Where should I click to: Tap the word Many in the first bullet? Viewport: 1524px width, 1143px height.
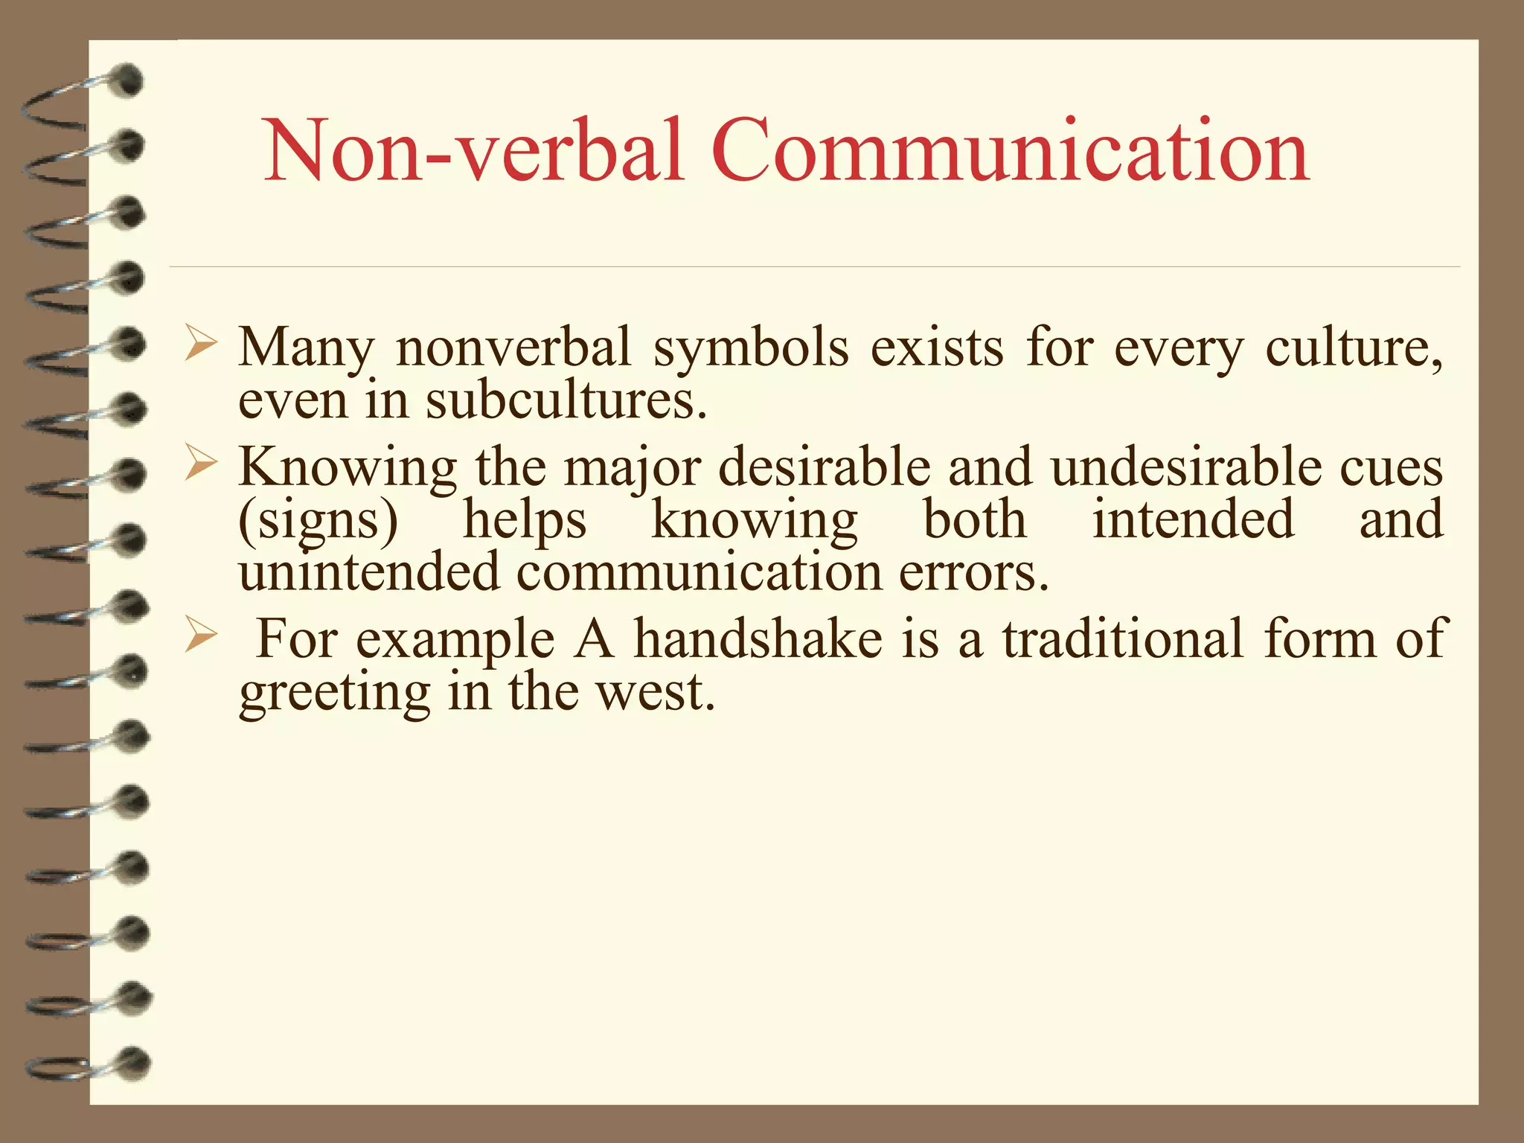pyautogui.click(x=306, y=348)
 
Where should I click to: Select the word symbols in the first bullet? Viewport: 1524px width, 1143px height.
pyautogui.click(x=751, y=348)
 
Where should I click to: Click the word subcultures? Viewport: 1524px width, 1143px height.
pyautogui.click(x=566, y=401)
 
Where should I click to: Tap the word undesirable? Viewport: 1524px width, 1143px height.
pyautogui.click(x=1186, y=467)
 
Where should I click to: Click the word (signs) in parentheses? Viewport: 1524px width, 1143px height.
pyautogui.click(x=318, y=520)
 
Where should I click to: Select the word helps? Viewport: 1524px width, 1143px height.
pyautogui.click(x=525, y=520)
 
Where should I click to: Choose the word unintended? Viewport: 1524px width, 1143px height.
pyautogui.click(x=369, y=573)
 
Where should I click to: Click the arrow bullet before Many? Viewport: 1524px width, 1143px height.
pyautogui.click(x=200, y=345)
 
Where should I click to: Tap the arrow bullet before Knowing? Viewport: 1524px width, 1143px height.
pyautogui.click(x=200, y=464)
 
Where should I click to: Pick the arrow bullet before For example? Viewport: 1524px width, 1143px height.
pyautogui.click(x=200, y=636)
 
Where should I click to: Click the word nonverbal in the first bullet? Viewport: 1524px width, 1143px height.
pyautogui.click(x=513, y=348)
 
